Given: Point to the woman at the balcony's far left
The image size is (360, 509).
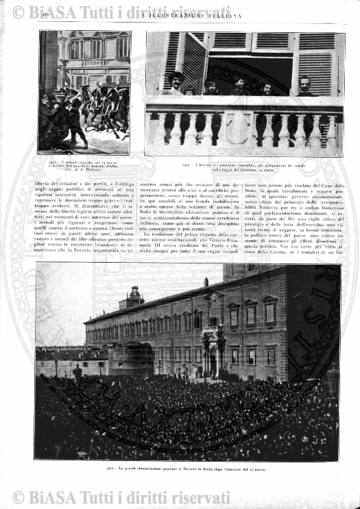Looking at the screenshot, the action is pos(175,82).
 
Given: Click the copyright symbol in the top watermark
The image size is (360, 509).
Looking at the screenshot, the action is pos(18,12).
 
